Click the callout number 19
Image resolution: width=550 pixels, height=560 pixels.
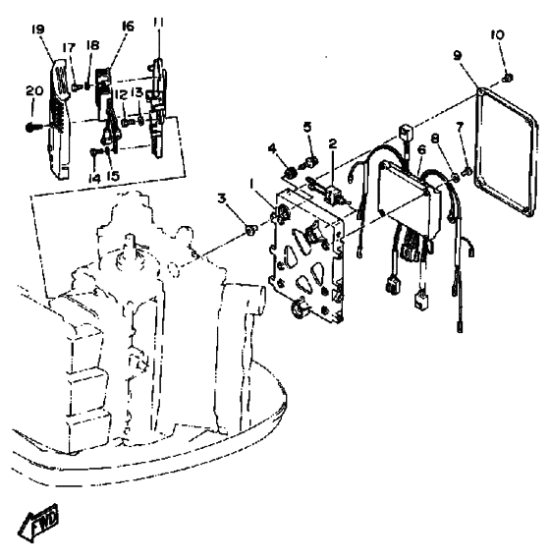[37, 29]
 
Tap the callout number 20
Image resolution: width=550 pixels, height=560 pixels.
[34, 90]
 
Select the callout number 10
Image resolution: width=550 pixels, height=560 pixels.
[498, 35]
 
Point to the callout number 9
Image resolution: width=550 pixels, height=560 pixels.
[458, 56]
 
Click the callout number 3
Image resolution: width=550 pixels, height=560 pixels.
[222, 198]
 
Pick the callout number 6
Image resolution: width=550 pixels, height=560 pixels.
[422, 150]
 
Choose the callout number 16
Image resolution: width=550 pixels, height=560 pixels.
[127, 27]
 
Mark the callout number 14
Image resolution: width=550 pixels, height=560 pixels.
[94, 179]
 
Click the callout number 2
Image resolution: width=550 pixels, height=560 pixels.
[333, 143]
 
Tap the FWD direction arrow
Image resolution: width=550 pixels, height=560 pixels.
[38, 523]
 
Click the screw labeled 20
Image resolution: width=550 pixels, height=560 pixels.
[34, 127]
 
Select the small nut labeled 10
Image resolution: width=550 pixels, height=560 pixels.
[508, 78]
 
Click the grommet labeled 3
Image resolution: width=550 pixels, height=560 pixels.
[250, 229]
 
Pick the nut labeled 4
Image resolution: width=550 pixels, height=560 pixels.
[291, 173]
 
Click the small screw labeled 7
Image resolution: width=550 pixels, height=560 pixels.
[466, 171]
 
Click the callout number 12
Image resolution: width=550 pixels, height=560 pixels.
[121, 95]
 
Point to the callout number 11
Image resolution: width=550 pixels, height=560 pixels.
[158, 23]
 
